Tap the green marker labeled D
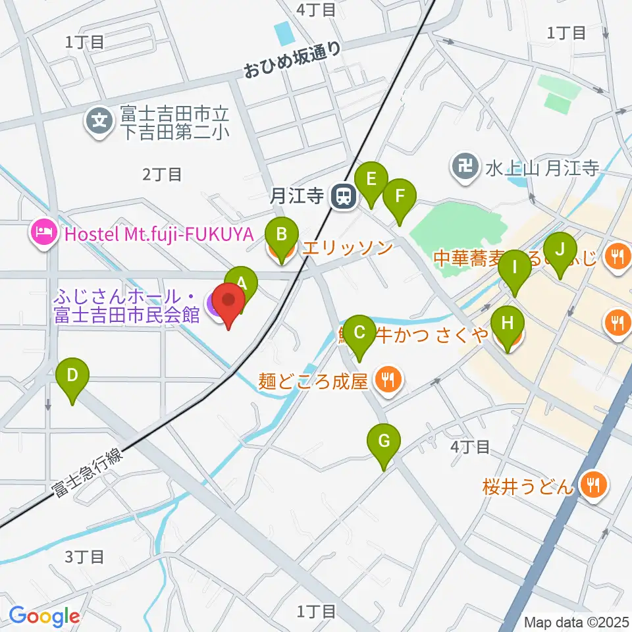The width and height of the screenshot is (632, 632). pyautogui.click(x=72, y=375)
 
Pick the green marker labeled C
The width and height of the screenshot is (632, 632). pyautogui.click(x=359, y=332)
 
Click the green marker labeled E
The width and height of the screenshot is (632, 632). pyautogui.click(x=371, y=178)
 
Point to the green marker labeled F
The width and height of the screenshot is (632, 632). pyautogui.click(x=400, y=196)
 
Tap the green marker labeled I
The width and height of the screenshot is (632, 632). pyautogui.click(x=514, y=268)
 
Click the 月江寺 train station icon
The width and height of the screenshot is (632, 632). pyautogui.click(x=343, y=196)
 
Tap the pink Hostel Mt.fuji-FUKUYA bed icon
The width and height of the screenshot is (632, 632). pyautogui.click(x=43, y=234)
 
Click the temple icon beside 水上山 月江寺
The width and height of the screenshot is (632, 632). pyautogui.click(x=466, y=165)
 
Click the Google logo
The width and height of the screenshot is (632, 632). pyautogui.click(x=43, y=616)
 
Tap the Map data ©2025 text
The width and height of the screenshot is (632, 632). pyautogui.click(x=576, y=621)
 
